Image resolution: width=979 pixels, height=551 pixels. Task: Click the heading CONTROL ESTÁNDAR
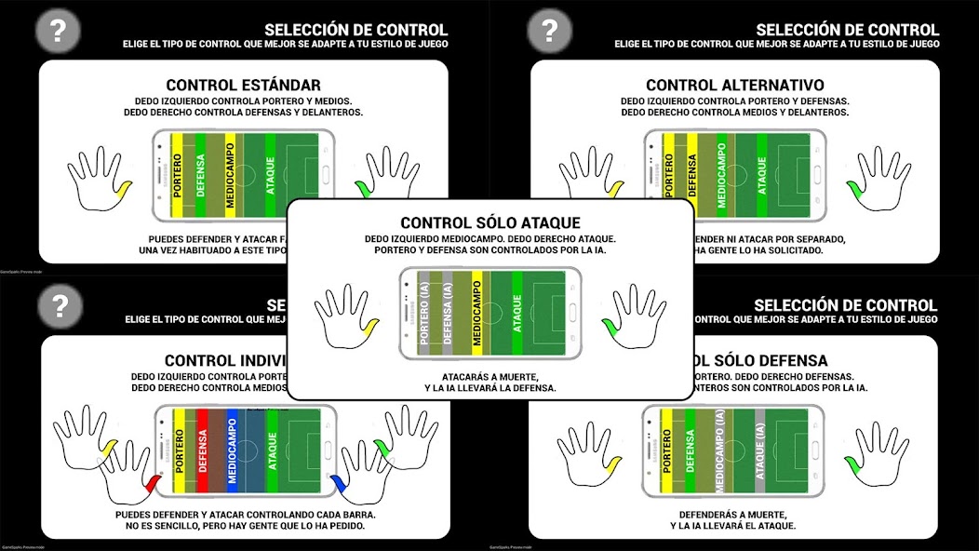pos(243,85)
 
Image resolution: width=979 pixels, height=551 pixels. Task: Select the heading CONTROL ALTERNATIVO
pos(735,85)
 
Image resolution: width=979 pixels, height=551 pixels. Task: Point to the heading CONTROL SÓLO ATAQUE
pos(490,222)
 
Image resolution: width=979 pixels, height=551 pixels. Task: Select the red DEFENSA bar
pos(202,450)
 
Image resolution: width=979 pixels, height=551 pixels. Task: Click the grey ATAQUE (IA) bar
pos(760,450)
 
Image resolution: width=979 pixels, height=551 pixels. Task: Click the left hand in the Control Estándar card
pos(97,180)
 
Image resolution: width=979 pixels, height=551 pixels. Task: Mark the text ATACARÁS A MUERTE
pos(490,376)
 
